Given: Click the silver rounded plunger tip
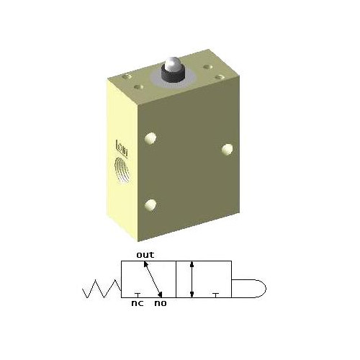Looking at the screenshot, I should [172, 66].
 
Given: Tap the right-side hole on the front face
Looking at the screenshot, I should [228, 149].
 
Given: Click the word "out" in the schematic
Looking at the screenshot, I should [145, 254].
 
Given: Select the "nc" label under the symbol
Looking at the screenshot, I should [136, 303].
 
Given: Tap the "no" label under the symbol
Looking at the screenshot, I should [160, 303].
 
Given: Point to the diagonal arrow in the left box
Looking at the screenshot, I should [152, 279].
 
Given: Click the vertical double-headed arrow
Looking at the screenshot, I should [192, 279].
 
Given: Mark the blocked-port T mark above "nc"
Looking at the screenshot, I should [138, 294].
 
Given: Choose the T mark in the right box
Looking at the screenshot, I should [216, 294].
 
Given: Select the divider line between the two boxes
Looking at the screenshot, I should [176, 279].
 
